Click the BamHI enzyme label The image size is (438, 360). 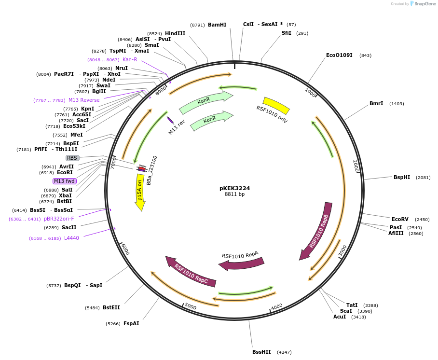[x=217, y=25]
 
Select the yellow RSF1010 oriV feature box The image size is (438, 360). [x=276, y=106]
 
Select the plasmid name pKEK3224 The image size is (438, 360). [x=234, y=188]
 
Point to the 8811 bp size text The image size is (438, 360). [x=234, y=194]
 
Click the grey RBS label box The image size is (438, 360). [x=72, y=158]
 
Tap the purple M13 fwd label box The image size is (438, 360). [x=65, y=181]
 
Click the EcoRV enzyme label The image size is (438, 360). [x=400, y=219]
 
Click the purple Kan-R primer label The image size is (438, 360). [x=130, y=59]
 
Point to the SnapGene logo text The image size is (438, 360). [x=425, y=4]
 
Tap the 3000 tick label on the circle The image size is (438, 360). [x=342, y=250]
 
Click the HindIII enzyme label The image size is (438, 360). [x=175, y=33]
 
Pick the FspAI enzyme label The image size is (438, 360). [x=131, y=323]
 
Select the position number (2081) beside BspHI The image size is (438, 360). [x=423, y=177]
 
